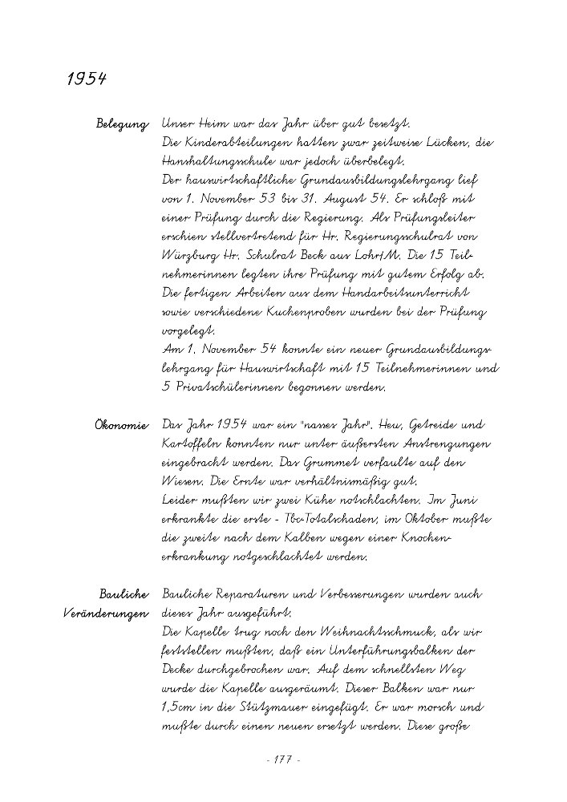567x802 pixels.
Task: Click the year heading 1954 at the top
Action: [x=87, y=81]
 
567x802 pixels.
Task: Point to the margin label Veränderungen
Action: [x=106, y=614]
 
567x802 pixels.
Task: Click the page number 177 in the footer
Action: [x=281, y=759]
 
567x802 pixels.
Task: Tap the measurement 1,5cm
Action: [x=183, y=709]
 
